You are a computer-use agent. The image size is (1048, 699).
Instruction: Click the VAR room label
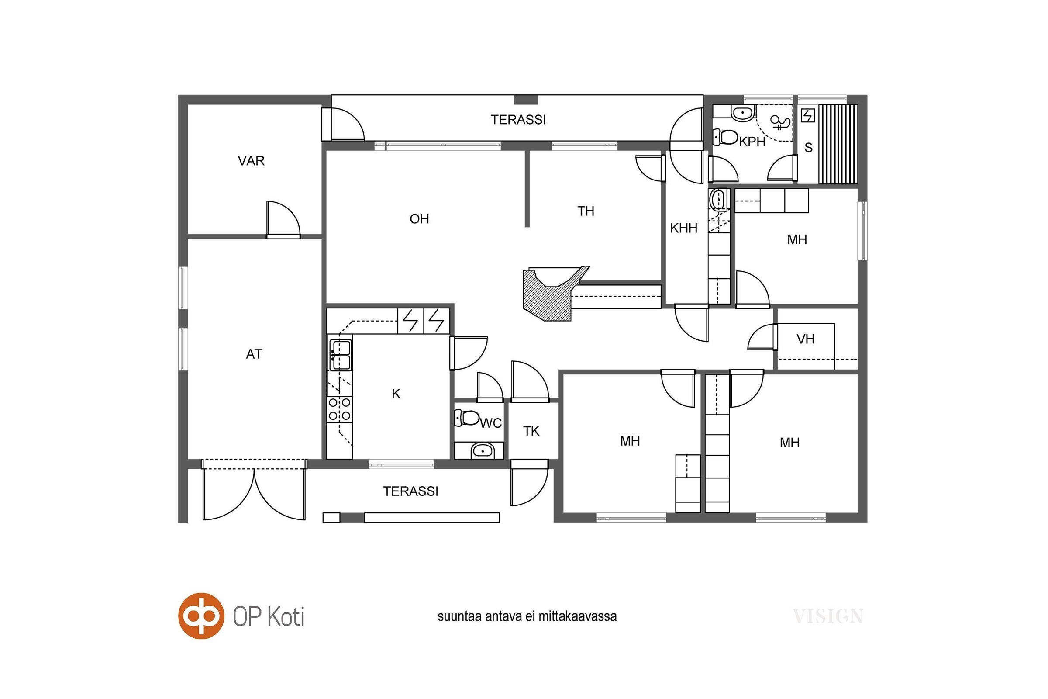tap(252, 160)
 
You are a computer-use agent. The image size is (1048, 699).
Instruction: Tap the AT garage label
tap(254, 354)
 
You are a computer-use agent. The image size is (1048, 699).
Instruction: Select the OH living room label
tap(419, 219)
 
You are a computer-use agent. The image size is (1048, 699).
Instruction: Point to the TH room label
tap(586, 211)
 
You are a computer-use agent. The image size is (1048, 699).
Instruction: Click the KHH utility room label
tap(683, 228)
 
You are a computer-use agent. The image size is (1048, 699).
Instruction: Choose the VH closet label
tap(805, 339)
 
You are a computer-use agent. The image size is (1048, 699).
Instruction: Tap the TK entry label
tap(531, 431)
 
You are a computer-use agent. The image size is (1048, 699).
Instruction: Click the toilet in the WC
tap(466, 418)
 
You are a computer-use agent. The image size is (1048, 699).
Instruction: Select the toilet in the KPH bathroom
tap(725, 137)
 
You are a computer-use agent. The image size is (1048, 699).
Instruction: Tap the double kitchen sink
tap(341, 355)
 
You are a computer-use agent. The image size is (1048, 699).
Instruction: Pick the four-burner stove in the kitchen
tap(340, 410)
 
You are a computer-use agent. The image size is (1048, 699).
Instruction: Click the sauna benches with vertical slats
tap(838, 144)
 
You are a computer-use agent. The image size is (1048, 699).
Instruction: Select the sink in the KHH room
tap(718, 199)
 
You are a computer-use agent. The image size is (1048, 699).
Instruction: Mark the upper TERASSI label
tap(518, 119)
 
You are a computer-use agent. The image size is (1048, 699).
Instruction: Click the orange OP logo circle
tap(201, 616)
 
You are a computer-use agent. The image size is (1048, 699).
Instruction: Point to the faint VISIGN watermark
tap(828, 616)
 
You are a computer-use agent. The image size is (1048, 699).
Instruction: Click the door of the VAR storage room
tap(283, 220)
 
